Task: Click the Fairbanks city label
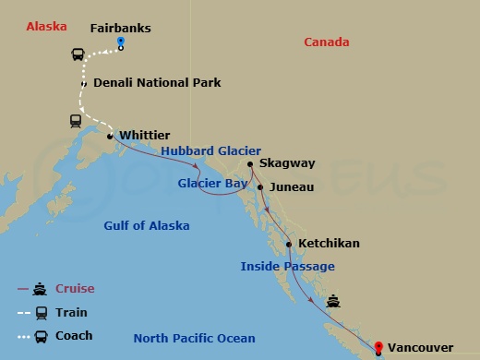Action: [x=120, y=28]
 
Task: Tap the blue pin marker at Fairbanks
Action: [x=121, y=43]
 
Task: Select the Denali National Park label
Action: [x=157, y=82]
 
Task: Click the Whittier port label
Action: [x=144, y=135]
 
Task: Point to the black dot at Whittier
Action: [x=110, y=137]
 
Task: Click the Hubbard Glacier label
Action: [x=211, y=151]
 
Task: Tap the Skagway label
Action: [x=287, y=163]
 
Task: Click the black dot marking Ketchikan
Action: [x=289, y=245]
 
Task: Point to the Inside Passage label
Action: [x=287, y=266]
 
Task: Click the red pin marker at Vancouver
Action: [x=378, y=347]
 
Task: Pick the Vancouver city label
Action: [x=420, y=347]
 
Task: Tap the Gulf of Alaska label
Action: [x=147, y=225]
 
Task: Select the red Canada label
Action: [x=327, y=42]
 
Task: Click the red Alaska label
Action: [x=46, y=26]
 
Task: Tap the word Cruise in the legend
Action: [x=75, y=288]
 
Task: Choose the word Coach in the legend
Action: [x=74, y=335]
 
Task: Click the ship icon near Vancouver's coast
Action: [x=333, y=300]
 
